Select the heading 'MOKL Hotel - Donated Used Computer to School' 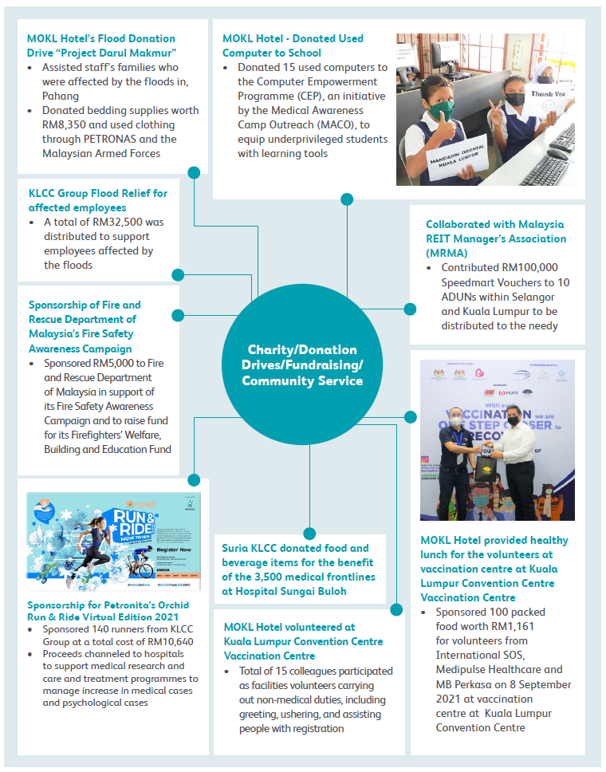(x=293, y=45)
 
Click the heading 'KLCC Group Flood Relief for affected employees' (x=97, y=200)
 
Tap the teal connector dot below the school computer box (x=346, y=199)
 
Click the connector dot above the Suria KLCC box (x=309, y=534)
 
